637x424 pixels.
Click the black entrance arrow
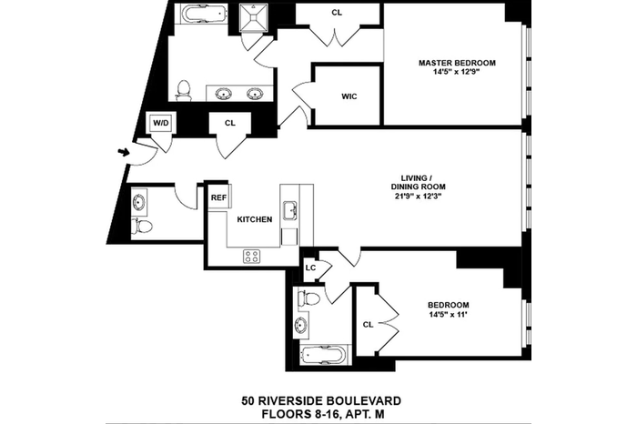pos(124,152)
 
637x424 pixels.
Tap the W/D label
pos(161,122)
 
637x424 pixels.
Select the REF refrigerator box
pos(220,197)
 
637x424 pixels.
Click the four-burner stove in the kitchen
pos(251,257)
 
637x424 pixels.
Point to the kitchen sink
pos(290,209)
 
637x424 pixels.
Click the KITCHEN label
pos(255,219)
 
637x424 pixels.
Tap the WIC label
pos(349,96)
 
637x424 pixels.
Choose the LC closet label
pos(311,268)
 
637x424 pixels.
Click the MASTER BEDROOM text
pos(457,63)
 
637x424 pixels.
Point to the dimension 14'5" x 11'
pos(449,314)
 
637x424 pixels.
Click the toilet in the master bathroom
pos(184,91)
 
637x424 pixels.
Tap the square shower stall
pos(254,18)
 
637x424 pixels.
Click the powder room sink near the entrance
pos(138,202)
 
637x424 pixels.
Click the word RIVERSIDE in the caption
pos(292,401)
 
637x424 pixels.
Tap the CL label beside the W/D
pos(230,123)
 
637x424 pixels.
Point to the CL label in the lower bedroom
pos(368,325)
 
